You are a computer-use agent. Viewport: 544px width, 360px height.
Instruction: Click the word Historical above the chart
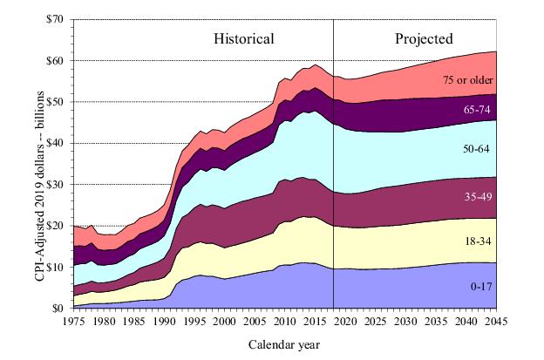click(x=244, y=38)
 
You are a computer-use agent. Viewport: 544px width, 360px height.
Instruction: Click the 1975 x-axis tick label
click(x=74, y=322)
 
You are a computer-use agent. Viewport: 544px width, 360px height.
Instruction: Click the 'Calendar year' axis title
click(x=283, y=344)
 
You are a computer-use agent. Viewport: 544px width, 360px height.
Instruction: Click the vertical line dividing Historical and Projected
click(x=334, y=174)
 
